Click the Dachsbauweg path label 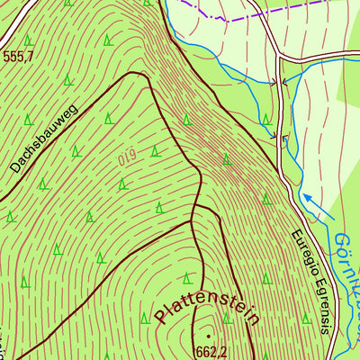[x=45, y=139]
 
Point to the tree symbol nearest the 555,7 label [x=29, y=40]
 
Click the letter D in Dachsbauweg [x=16, y=167]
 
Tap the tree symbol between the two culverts [x=266, y=120]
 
